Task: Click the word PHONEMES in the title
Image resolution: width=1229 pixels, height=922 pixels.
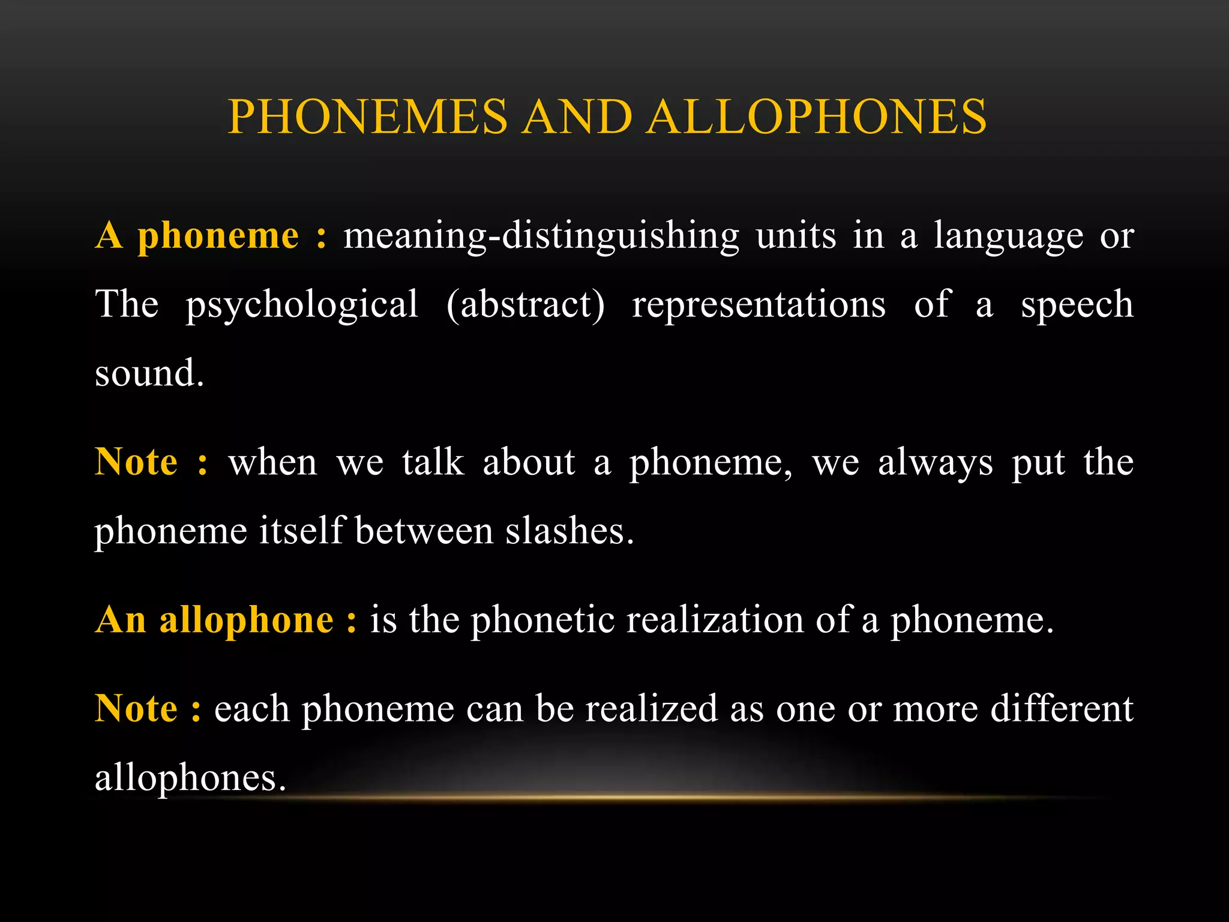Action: [368, 116]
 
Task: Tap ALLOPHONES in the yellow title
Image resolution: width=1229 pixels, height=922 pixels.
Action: [817, 116]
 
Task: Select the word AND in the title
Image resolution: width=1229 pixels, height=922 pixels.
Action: [577, 116]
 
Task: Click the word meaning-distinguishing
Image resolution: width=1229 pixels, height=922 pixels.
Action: [541, 236]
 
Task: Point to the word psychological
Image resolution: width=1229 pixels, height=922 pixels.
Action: [302, 305]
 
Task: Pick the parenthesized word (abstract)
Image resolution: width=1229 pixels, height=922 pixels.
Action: [526, 304]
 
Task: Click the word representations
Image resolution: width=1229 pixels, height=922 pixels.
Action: [759, 304]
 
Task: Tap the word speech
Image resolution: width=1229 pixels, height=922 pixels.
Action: [1077, 305]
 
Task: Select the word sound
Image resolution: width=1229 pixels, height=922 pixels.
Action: [149, 373]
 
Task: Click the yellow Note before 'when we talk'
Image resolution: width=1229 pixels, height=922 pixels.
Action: [137, 462]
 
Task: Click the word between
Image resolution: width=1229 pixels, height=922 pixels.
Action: [424, 531]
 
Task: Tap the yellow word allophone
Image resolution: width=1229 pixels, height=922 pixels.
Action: [246, 620]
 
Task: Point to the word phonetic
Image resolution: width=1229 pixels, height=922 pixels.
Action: [542, 620]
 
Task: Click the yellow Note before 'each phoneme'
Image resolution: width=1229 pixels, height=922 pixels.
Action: [137, 709]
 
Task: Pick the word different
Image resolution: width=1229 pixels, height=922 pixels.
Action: [1061, 709]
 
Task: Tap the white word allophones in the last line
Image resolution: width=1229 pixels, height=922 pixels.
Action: [190, 778]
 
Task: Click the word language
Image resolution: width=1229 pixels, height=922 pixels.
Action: [1008, 236]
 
